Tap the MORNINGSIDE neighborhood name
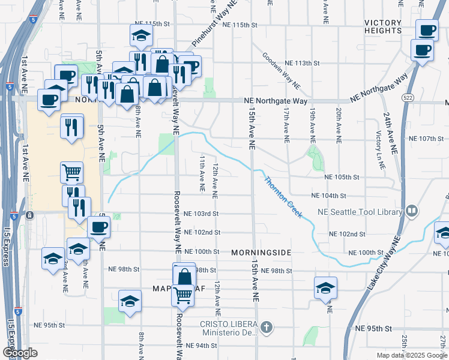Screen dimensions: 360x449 (x=261, y=253)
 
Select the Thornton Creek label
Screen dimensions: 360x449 (x=283, y=197)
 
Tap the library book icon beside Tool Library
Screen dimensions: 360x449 (x=411, y=211)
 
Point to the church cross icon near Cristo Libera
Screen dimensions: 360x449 (x=267, y=328)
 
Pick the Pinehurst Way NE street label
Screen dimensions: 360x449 (x=215, y=23)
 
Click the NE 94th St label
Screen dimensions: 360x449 (x=202, y=346)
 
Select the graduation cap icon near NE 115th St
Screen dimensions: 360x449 (x=140, y=35)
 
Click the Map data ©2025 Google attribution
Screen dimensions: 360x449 (x=411, y=355)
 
